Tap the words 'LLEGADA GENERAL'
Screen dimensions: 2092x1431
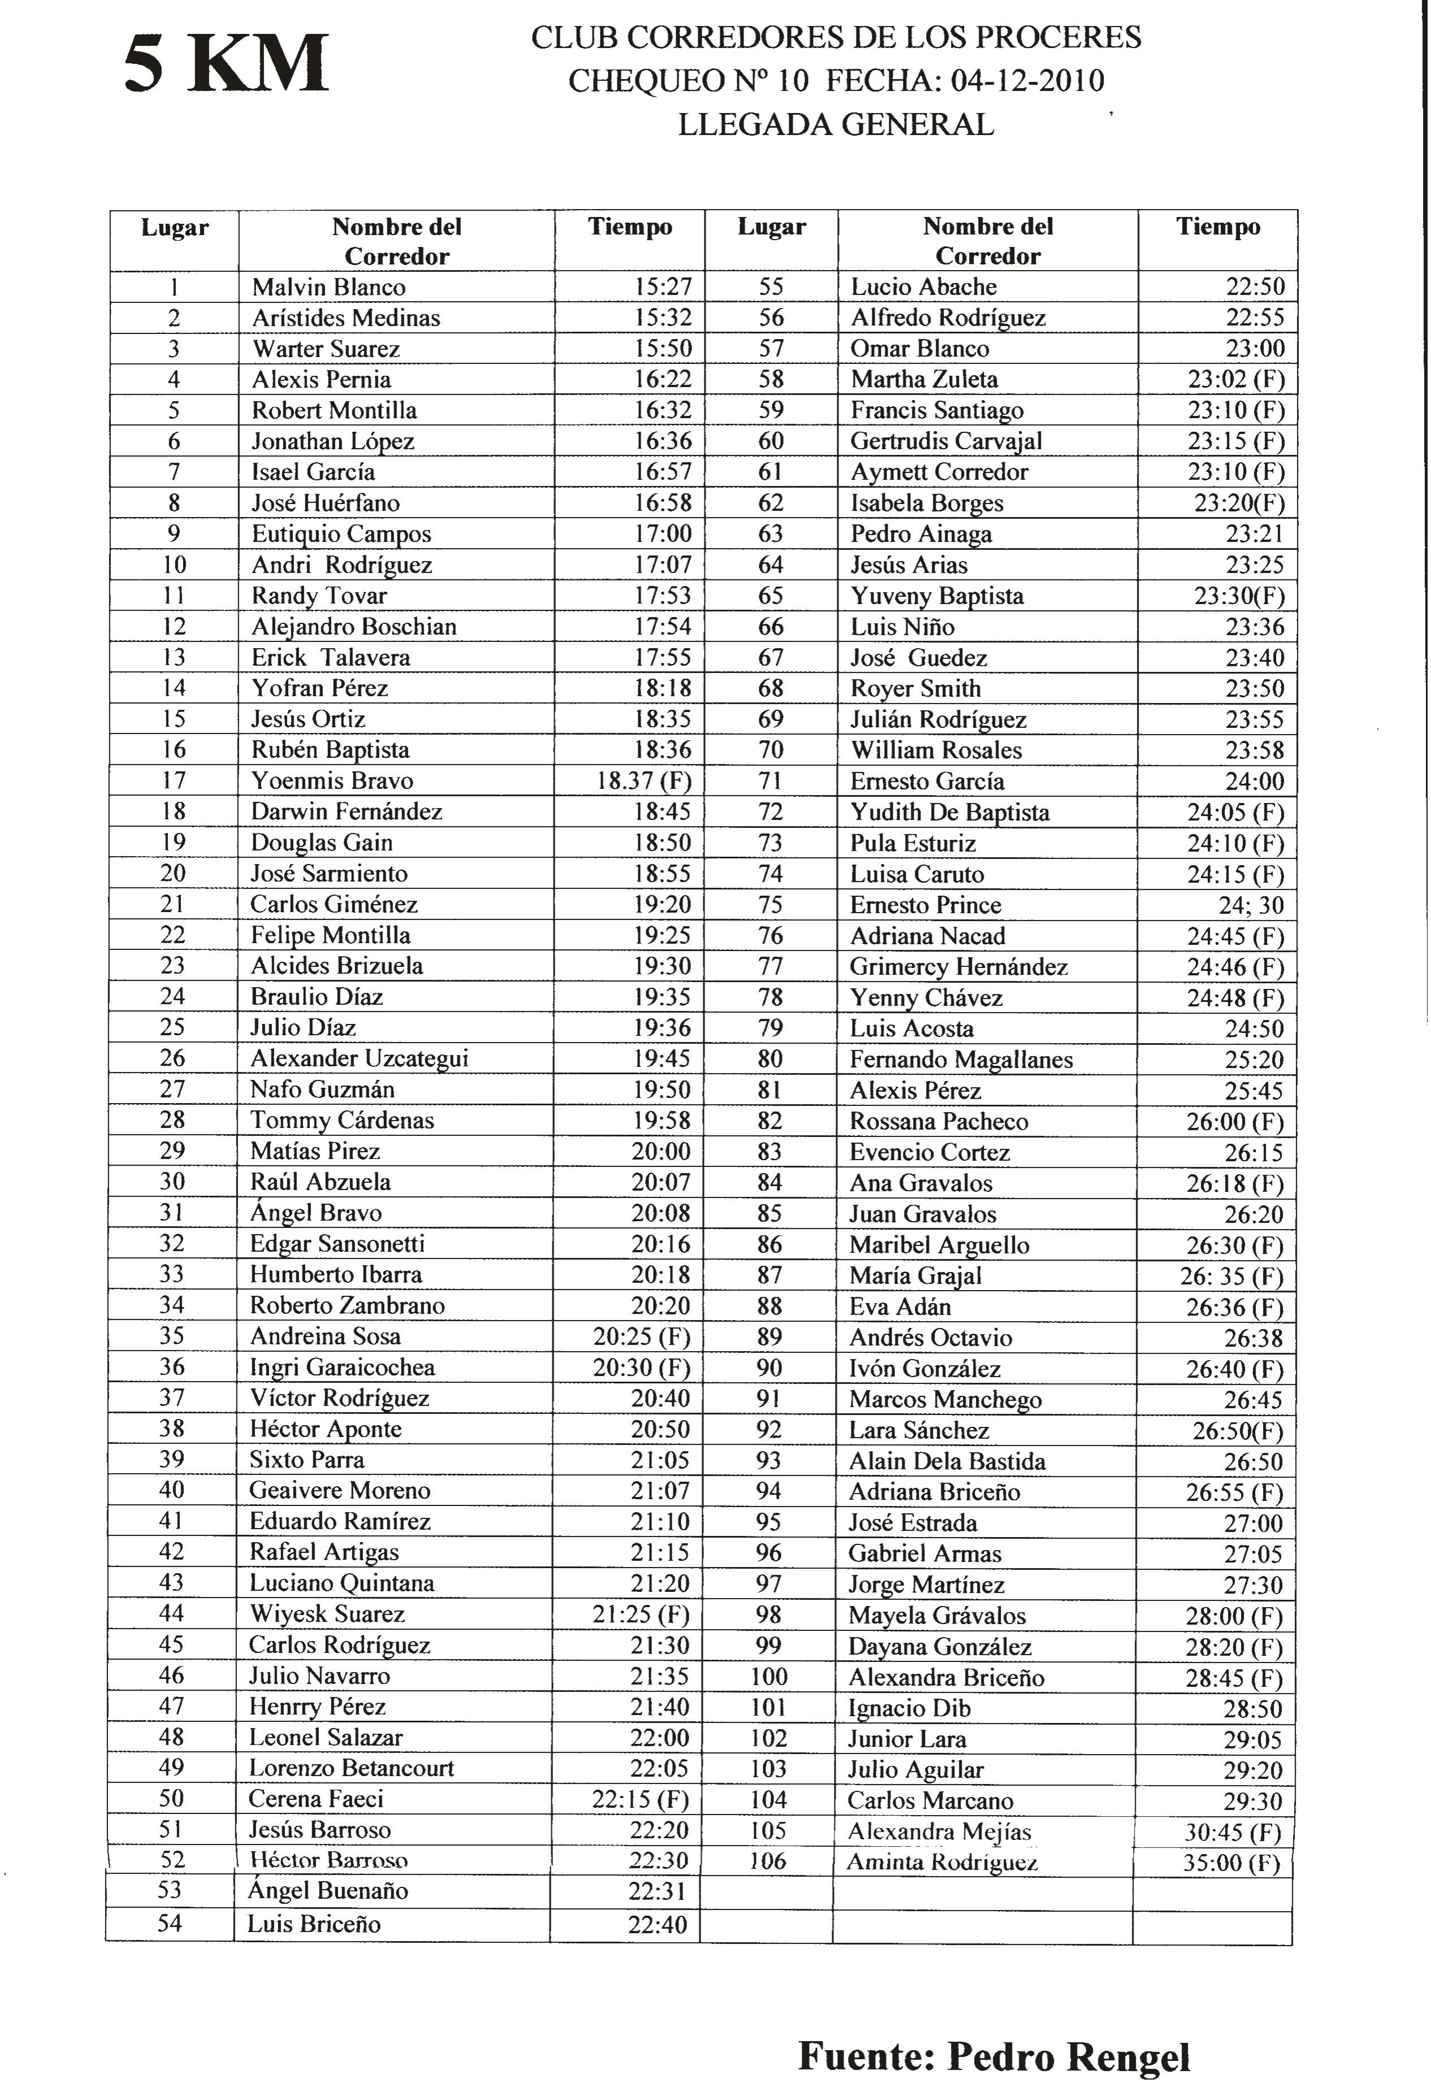(835, 124)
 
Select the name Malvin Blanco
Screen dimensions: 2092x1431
(328, 287)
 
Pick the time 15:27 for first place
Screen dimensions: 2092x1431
(663, 287)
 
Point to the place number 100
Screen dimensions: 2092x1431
(768, 1677)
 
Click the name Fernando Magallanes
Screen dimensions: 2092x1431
(961, 1060)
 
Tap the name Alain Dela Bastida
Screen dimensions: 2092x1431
(946, 1461)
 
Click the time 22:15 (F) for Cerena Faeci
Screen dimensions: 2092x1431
(640, 1799)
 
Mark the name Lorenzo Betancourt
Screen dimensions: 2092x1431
(351, 1769)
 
